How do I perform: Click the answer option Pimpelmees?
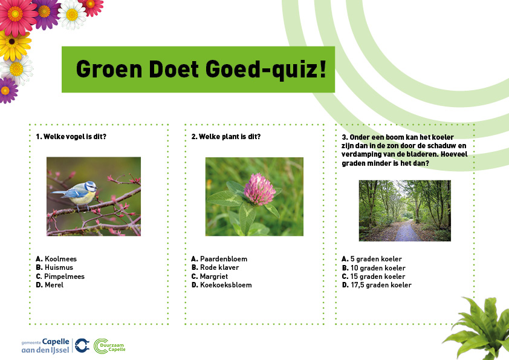60,277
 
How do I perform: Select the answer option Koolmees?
56,259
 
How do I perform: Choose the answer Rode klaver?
215,267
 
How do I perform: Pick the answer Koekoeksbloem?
221,285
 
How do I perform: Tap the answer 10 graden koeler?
374,268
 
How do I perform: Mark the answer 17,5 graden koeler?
377,285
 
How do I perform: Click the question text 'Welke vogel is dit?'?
71,137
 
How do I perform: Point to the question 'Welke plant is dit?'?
226,137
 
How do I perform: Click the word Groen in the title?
109,69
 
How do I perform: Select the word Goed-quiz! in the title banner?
265,70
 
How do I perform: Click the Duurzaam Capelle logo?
109,346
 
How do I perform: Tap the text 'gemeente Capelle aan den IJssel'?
45,345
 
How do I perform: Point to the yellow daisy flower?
14,44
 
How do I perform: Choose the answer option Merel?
50,285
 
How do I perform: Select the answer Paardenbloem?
219,259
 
